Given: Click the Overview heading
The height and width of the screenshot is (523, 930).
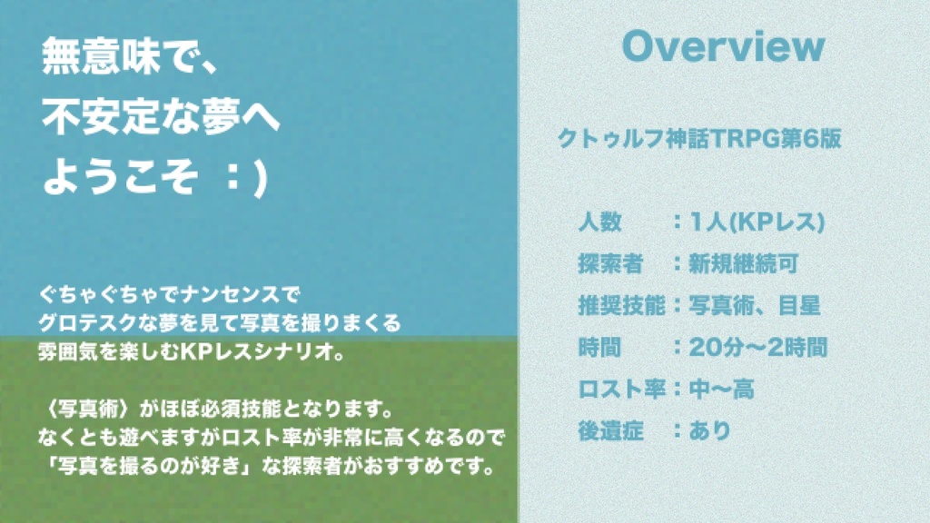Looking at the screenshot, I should coord(724,47).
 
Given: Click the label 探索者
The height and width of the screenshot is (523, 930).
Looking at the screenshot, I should coord(610,263).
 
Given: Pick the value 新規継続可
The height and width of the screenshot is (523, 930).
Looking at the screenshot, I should coord(744,263).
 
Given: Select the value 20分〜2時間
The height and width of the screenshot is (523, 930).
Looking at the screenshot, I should coord(757,347).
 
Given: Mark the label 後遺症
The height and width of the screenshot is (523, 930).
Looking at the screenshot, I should coord(610,430).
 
